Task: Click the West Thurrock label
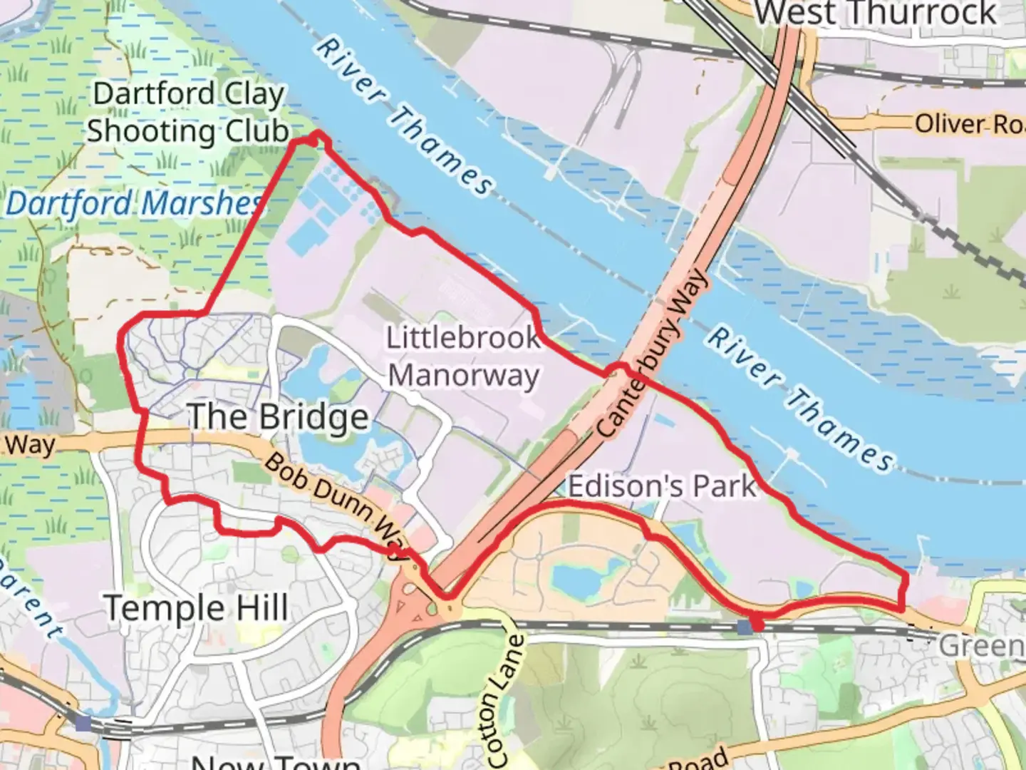coord(876,14)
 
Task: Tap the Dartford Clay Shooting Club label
coord(188,113)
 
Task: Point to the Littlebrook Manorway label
coord(463,356)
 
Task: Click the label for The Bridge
coord(279,417)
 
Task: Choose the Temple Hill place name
coord(197,608)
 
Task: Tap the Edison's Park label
coord(661,486)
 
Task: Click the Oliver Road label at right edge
coord(969,124)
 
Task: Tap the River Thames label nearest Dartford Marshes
coord(403,117)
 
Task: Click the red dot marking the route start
coord(757,625)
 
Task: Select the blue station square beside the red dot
coord(745,626)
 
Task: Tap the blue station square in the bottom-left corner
coord(83,723)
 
